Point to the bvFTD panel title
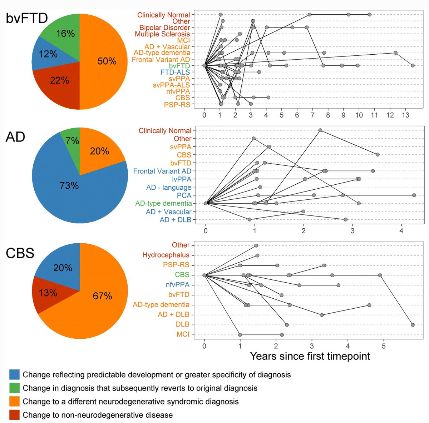click(x=27, y=18)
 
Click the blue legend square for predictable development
click(x=14, y=374)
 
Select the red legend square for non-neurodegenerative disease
click(x=14, y=415)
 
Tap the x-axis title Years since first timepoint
click(x=310, y=356)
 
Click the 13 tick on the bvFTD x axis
click(x=405, y=115)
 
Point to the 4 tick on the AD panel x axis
click(x=401, y=231)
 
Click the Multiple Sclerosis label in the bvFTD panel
click(x=162, y=34)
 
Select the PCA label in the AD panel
click(x=184, y=195)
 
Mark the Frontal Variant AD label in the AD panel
click(x=162, y=171)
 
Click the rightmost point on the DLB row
click(x=413, y=325)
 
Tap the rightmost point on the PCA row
click(x=414, y=195)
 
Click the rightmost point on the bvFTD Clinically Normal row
click(x=370, y=14)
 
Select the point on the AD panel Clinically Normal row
click(x=320, y=130)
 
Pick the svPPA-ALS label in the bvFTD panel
click(x=171, y=85)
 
